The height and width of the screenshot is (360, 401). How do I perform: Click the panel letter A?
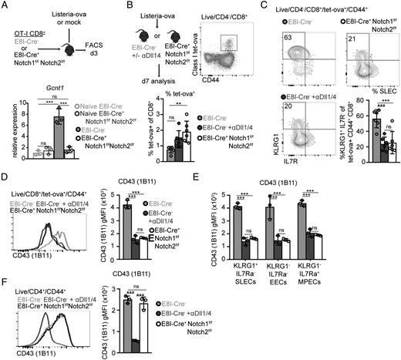pos(5,6)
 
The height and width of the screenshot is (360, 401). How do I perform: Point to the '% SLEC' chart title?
pos(366,82)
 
